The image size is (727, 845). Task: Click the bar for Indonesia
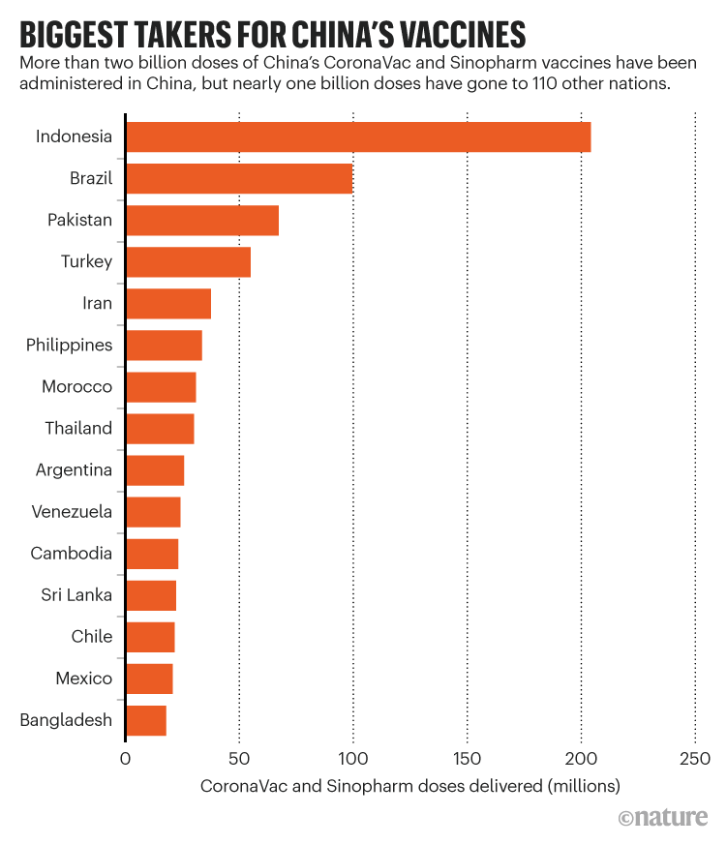pos(358,137)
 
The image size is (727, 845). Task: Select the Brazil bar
pos(239,179)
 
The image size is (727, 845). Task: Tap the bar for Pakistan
pos(202,221)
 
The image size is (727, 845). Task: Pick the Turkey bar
pos(188,262)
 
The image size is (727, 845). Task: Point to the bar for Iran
pos(168,304)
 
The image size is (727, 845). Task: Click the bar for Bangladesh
pos(146,721)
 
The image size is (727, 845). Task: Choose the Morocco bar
pos(161,387)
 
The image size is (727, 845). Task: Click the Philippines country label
pos(69,346)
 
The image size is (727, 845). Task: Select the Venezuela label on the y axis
pos(72,512)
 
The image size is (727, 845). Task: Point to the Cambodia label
pos(71,554)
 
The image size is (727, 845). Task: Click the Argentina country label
pos(74,470)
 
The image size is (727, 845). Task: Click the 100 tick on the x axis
pos(352,758)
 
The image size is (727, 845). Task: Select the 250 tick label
pos(695,758)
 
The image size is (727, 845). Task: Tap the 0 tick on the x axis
pos(125,758)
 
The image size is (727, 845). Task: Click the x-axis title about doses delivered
pos(409,786)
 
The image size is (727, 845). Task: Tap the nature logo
pos(663,819)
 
